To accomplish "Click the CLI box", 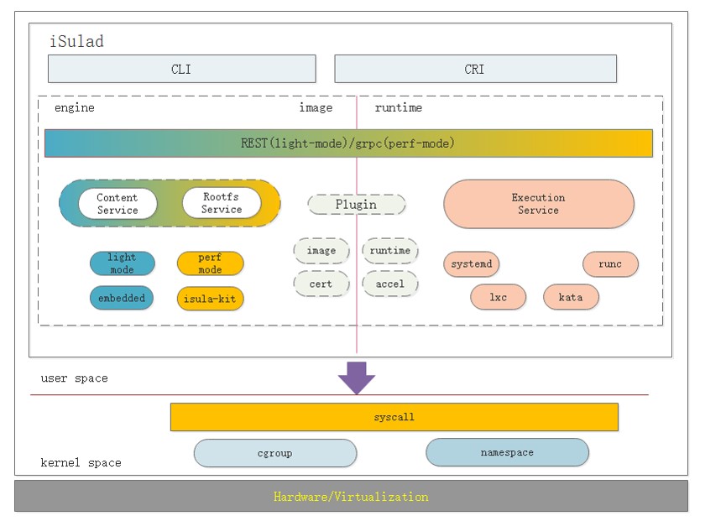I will pyautogui.click(x=181, y=69).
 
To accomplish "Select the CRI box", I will pyautogui.click(x=475, y=69).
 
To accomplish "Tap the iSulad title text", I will pyautogui.click(x=78, y=41).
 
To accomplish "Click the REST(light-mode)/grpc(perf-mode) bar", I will pyautogui.click(x=347, y=143).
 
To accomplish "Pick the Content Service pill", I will pyautogui.click(x=117, y=204).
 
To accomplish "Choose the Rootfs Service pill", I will pyautogui.click(x=222, y=203).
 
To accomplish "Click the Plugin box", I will pyautogui.click(x=357, y=204).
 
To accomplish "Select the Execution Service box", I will pyautogui.click(x=538, y=204).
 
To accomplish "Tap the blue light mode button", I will pyautogui.click(x=123, y=263).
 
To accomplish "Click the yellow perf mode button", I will pyautogui.click(x=210, y=263).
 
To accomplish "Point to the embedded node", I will pyautogui.click(x=122, y=298).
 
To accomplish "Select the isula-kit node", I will pyautogui.click(x=210, y=298).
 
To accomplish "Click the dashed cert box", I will pyautogui.click(x=321, y=284).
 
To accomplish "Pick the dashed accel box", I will pyautogui.click(x=390, y=284).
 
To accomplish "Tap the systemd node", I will pyautogui.click(x=472, y=264).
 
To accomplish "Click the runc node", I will pyautogui.click(x=610, y=264).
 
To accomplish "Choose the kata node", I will pyautogui.click(x=572, y=297).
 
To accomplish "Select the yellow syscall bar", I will pyautogui.click(x=394, y=417).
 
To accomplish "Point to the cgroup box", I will pyautogui.click(x=274, y=453).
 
